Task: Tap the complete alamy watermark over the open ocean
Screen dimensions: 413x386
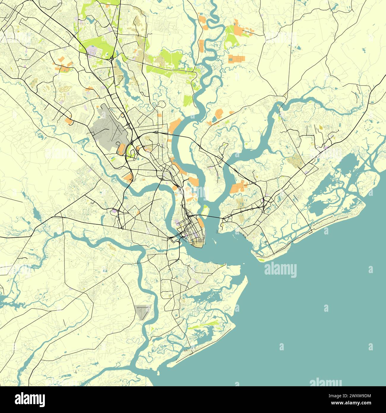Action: (x=280, y=270)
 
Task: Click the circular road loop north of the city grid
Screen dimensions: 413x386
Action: (x=162, y=104)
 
